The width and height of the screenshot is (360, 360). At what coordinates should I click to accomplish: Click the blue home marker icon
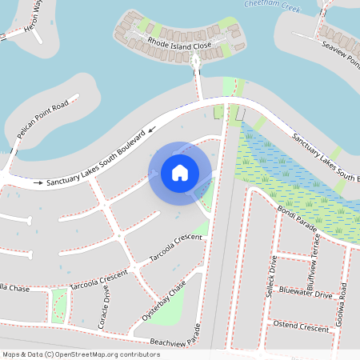[x=180, y=173]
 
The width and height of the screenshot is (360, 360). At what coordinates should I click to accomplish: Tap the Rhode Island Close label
[x=180, y=45]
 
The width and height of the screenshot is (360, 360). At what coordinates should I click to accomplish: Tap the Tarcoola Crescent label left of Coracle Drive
[x=98, y=279]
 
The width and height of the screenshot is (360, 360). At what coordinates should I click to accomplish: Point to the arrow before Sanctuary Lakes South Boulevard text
[x=37, y=183]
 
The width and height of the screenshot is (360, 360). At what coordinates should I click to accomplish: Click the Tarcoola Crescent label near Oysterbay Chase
[x=176, y=248]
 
